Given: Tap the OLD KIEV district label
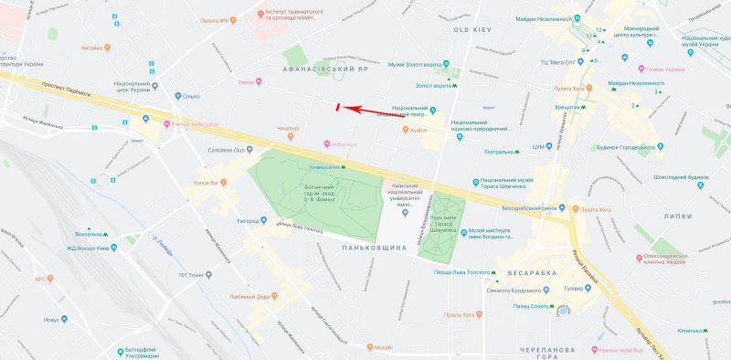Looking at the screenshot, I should [473, 30].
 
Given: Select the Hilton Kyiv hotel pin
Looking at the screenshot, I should [327, 144].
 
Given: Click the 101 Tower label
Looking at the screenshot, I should [196, 274].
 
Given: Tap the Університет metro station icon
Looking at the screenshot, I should [344, 167].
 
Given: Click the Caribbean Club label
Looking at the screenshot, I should [228, 150].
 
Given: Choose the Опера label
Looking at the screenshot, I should [245, 81].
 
